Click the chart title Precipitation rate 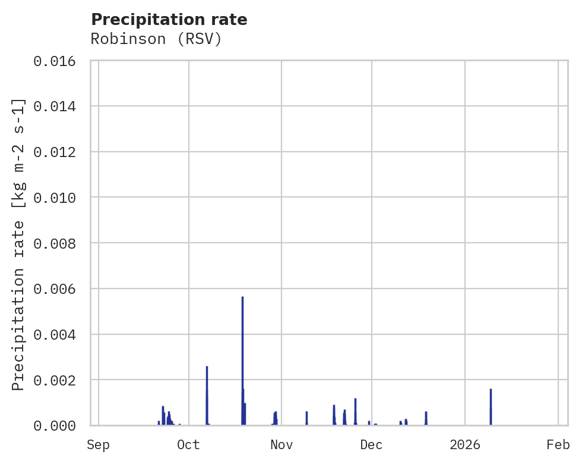[169, 20]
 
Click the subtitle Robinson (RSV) [156, 39]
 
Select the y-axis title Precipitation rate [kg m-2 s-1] [19, 244]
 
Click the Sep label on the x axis [98, 445]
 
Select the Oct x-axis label [188, 445]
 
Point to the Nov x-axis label [281, 445]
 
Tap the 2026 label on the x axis [464, 445]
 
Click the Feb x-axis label [558, 445]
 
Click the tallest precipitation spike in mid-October [242, 357]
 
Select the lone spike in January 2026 [491, 407]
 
